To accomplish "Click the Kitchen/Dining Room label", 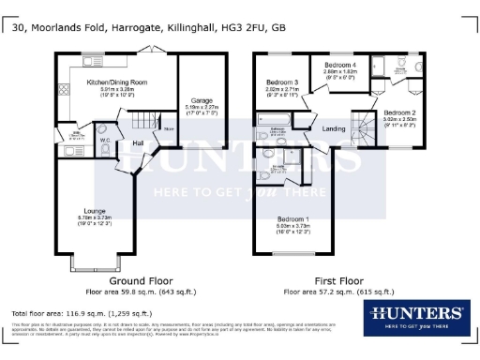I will pos(117,82).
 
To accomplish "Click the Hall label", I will pos(137,143).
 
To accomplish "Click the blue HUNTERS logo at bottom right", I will pos(416,316).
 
